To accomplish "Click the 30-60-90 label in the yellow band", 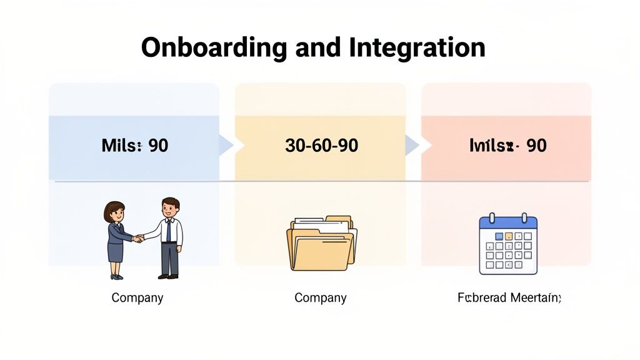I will point(321,146).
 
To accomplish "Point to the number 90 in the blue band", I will point(159,146).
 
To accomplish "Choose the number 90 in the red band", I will point(536,146).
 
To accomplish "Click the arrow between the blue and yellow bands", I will point(226,146).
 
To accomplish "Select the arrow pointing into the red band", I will point(412,146).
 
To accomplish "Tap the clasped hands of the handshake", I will point(138,238).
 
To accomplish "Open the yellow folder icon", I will point(321,247).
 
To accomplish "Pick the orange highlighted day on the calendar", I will point(509,236).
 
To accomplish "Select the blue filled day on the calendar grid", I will point(499,236).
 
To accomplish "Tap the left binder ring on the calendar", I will point(492,218).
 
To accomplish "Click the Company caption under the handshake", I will point(137,297).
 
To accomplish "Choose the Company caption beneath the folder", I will point(321,297).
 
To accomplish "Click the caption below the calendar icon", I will point(509,297).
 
